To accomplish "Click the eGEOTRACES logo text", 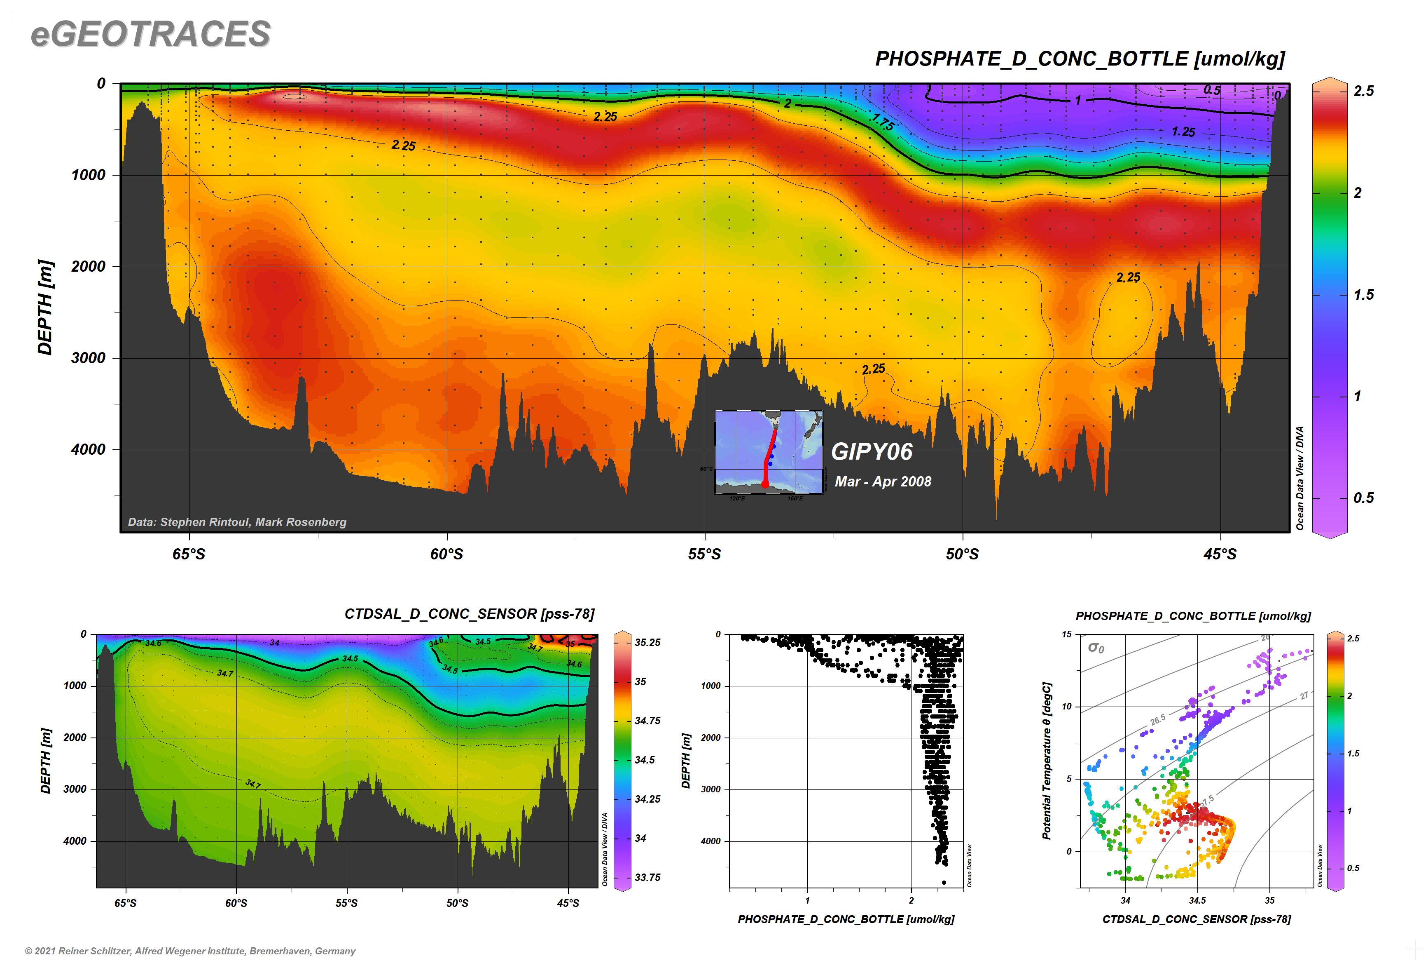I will (150, 34).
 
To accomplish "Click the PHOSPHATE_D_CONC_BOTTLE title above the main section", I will (1080, 59).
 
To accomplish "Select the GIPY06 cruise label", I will (872, 452).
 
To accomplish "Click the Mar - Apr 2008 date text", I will (882, 481).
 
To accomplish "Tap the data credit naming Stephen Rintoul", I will (237, 522).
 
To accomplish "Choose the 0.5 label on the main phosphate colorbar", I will (1364, 498).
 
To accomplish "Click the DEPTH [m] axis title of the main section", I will (45, 308).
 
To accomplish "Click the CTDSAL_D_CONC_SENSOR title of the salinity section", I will (470, 614).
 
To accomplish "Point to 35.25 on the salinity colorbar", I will (647, 642).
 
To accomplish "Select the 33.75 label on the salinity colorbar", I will (647, 877).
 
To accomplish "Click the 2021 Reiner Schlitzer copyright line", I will (190, 951).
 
